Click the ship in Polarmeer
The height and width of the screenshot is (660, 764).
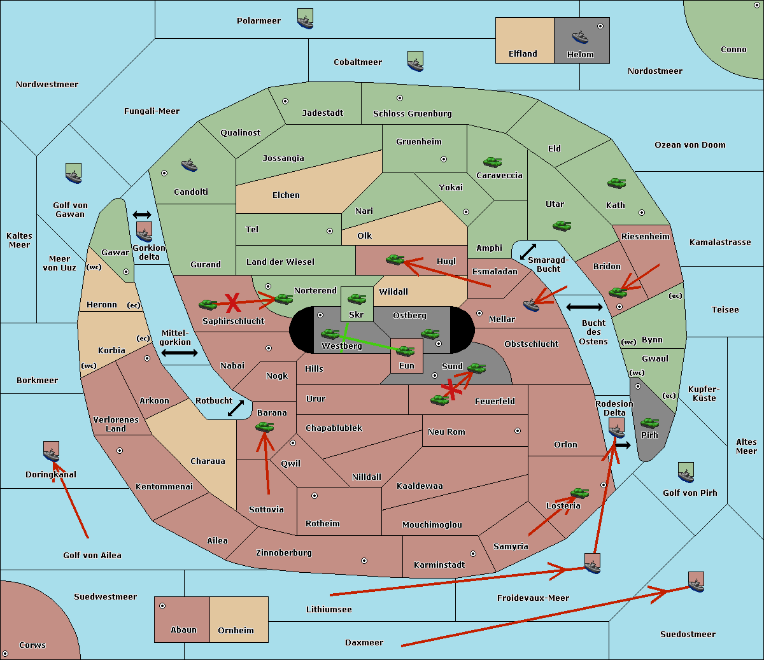[x=306, y=22]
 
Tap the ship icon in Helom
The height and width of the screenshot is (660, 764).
[x=580, y=37]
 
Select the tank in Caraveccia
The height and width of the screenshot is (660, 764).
[x=492, y=162]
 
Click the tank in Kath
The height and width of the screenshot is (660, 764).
[x=616, y=183]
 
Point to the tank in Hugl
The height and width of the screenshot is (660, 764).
[x=395, y=260]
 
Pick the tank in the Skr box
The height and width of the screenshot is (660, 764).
[x=357, y=298]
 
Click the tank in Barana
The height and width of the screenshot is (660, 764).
[x=265, y=427]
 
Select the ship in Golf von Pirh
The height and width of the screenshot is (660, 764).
[x=686, y=475]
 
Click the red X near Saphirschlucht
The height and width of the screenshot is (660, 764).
[x=232, y=303]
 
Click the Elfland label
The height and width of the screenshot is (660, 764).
[x=523, y=54]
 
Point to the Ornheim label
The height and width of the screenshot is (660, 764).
[x=236, y=631]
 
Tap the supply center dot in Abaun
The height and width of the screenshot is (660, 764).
[x=162, y=606]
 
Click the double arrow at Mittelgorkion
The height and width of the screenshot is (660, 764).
[x=180, y=353]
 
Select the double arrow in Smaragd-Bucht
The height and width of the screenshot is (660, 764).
[x=528, y=251]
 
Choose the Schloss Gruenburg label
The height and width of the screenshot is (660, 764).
[x=413, y=114]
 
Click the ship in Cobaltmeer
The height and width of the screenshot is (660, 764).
[x=416, y=63]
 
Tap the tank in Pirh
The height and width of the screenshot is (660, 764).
[x=650, y=423]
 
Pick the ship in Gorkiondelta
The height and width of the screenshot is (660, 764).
[x=144, y=234]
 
